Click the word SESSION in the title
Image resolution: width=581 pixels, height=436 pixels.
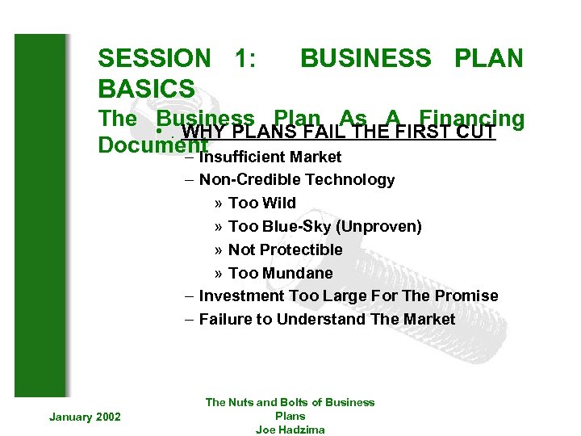tap(154, 58)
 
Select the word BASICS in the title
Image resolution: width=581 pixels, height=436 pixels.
tap(146, 88)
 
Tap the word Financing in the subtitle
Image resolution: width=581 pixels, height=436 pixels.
tap(472, 119)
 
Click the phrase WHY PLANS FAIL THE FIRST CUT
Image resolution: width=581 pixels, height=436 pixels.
tap(338, 132)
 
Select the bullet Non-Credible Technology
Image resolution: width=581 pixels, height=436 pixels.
tap(296, 180)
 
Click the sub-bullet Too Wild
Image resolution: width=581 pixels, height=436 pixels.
tap(262, 203)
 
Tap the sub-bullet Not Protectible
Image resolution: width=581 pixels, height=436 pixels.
tap(285, 249)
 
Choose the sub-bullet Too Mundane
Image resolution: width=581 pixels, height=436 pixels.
tap(280, 273)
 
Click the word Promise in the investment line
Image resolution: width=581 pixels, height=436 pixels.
tap(469, 296)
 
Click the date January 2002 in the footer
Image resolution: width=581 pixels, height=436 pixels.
tap(85, 416)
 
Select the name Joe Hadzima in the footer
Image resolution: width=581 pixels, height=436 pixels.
tap(290, 430)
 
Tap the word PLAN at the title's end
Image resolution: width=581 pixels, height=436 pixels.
tap(489, 58)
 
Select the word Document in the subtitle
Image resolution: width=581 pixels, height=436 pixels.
tap(152, 145)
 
